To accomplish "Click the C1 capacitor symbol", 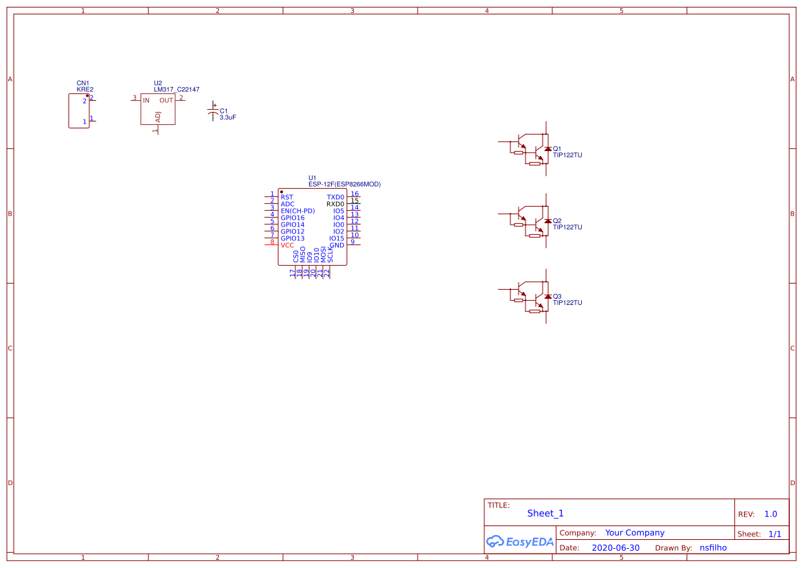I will [213, 113].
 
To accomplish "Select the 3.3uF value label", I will [228, 117].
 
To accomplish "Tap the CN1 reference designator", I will [82, 83].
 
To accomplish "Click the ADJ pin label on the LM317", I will [158, 117].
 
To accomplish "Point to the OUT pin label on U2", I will [166, 100].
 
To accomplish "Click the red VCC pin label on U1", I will [287, 245].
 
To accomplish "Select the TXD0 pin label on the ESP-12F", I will [335, 197].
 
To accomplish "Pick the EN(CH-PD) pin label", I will [297, 211].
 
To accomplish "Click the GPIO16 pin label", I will [292, 218].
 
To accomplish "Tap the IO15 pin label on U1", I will [337, 238].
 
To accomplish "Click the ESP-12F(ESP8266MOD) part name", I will [344, 184].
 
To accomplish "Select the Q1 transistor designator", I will [557, 148].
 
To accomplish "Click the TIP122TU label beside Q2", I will [567, 227].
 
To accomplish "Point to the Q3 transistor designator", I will [557, 297].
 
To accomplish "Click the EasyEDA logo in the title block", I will [520, 541].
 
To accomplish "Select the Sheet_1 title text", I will [545, 513].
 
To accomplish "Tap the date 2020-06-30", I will [615, 548].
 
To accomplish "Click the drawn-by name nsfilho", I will [713, 548].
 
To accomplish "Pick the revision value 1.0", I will [771, 514].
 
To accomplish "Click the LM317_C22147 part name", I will [177, 89].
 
